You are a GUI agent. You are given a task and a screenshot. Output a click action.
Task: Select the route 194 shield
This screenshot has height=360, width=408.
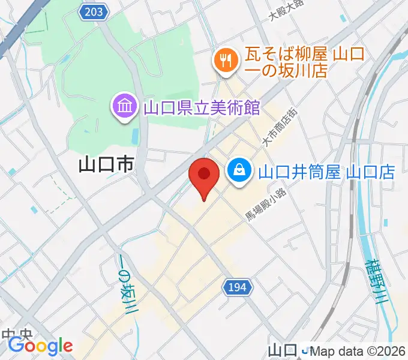[x=238, y=289]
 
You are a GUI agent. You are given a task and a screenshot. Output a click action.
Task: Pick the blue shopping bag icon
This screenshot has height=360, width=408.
[x=239, y=170]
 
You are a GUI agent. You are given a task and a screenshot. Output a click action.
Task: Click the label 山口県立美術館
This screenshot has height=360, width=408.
[x=202, y=108]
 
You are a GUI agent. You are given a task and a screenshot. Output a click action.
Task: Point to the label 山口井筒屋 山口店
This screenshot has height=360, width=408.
[x=326, y=173]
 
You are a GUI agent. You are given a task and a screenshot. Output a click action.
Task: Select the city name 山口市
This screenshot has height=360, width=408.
[x=106, y=164]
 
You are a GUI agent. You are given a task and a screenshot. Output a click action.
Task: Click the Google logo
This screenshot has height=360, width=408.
[x=40, y=346]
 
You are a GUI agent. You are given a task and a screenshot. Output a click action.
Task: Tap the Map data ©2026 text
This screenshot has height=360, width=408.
[x=358, y=352]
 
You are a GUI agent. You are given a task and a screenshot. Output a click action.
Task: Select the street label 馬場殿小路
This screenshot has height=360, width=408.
[x=266, y=208]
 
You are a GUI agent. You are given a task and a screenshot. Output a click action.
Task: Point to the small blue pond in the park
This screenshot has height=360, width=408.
[x=134, y=136]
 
